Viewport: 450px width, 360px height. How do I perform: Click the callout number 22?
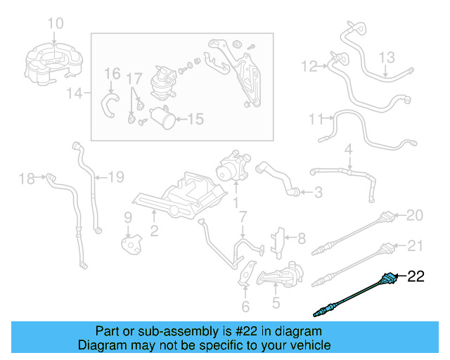[417, 277]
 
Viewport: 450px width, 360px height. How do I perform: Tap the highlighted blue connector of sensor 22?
[388, 279]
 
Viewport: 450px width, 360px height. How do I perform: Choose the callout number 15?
[194, 120]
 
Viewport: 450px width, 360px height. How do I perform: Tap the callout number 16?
[112, 74]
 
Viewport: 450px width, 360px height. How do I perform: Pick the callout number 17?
[135, 77]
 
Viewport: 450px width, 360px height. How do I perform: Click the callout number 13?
[388, 56]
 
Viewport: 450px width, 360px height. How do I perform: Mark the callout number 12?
[309, 67]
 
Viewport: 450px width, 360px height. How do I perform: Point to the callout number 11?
[316, 119]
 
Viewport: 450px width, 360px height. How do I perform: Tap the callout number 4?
[347, 149]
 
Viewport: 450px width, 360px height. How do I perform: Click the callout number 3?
[318, 192]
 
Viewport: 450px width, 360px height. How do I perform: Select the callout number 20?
[416, 215]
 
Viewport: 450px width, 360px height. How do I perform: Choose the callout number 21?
[416, 245]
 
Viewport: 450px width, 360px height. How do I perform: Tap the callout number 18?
[26, 179]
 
